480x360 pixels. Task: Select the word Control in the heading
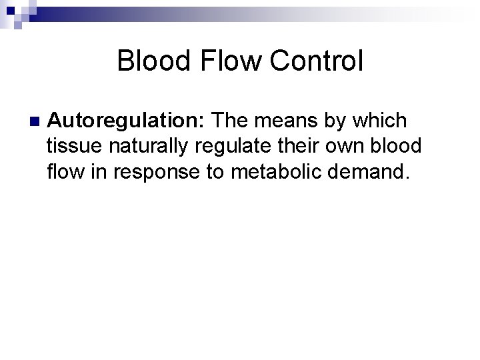pos(317,61)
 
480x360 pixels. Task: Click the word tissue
pos(73,147)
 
